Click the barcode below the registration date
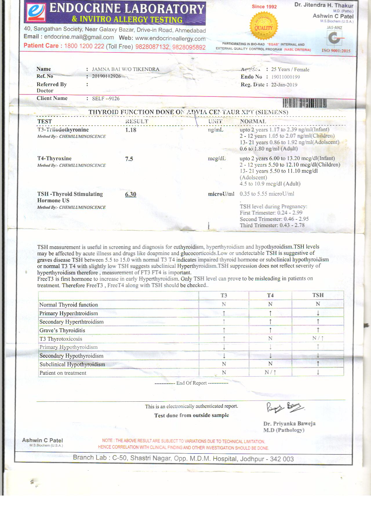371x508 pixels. click(304, 103)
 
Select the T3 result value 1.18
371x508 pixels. click(131, 130)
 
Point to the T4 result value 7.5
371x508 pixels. click(129, 159)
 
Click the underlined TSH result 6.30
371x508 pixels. click(131, 194)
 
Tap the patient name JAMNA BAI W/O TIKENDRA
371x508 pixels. click(126, 69)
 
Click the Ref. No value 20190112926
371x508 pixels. click(106, 76)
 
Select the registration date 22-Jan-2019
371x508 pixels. click(284, 85)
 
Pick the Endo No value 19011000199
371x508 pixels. click(285, 77)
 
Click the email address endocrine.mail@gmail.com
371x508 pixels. click(79, 37)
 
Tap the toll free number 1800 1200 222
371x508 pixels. click(84, 46)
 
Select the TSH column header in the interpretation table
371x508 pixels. click(318, 295)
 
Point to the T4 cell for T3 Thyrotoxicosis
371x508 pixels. click(270, 338)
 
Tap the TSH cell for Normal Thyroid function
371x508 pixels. click(318, 304)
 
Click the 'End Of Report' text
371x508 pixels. click(191, 383)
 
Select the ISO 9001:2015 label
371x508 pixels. click(336, 51)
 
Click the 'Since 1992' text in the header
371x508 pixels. click(264, 7)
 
